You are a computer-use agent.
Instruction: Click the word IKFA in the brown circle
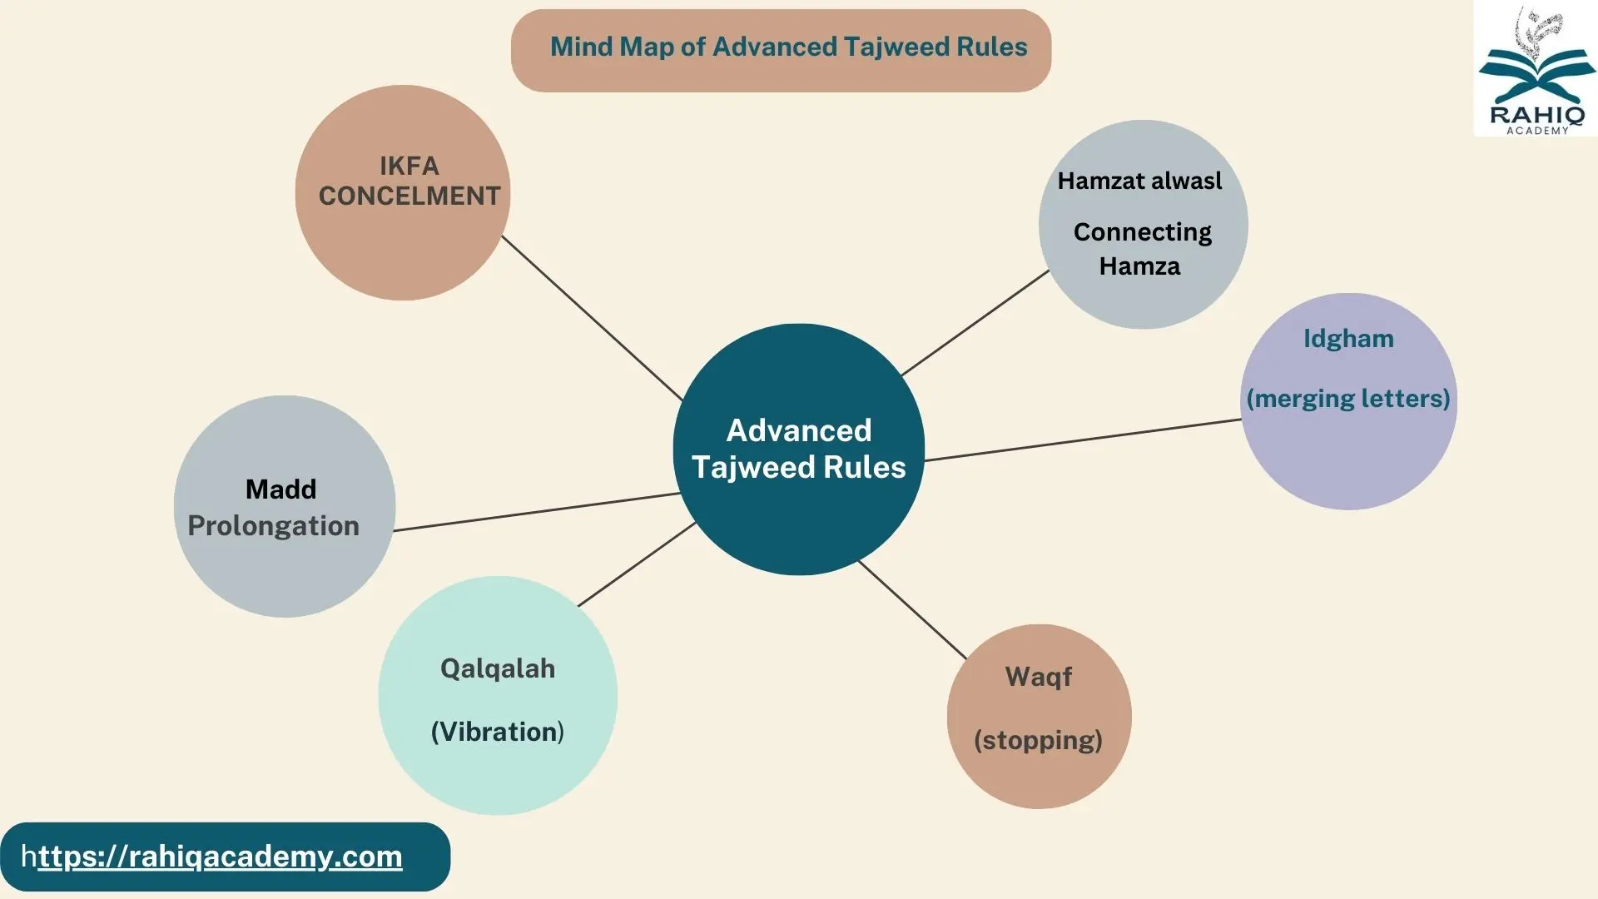[409, 166]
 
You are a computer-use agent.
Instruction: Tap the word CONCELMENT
[409, 196]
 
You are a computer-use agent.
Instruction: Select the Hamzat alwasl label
[1139, 181]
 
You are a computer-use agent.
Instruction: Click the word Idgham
[1348, 339]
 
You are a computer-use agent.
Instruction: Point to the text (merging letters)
[1348, 399]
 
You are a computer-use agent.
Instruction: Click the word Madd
[280, 489]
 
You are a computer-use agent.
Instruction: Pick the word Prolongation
[273, 526]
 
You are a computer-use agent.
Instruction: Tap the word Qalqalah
[498, 668]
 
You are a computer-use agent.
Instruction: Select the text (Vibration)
[498, 732]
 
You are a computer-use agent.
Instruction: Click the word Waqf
[1038, 677]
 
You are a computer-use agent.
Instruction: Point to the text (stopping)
[1038, 740]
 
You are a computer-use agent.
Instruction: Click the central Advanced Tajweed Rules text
[798, 449]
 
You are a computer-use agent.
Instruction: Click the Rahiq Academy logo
[1536, 70]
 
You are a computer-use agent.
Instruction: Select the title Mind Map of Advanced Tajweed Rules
[788, 47]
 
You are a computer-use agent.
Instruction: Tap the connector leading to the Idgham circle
[1082, 440]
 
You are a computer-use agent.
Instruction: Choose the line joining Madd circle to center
[537, 512]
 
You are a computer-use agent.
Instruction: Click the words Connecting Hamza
[1141, 249]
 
